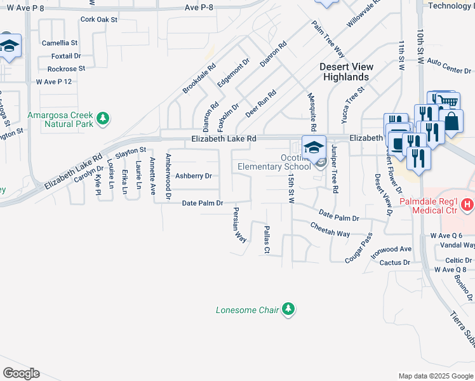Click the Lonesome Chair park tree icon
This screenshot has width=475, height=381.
click(289, 309)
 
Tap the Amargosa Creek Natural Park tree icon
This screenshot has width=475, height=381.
click(102, 117)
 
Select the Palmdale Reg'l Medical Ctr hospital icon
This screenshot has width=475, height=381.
click(467, 204)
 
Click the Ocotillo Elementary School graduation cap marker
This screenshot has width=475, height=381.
click(313, 147)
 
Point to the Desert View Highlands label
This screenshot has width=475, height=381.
click(346, 72)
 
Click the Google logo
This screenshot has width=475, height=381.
click(21, 373)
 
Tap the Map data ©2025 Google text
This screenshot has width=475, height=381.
click(435, 376)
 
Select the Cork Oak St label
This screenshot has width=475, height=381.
click(99, 20)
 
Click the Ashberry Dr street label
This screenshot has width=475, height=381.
click(192, 176)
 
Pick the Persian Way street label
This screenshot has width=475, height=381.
click(239, 224)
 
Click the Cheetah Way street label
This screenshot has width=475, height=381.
click(330, 229)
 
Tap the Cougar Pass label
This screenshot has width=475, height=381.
click(358, 248)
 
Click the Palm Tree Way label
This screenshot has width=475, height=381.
click(328, 38)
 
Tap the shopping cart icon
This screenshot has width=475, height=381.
click(446, 102)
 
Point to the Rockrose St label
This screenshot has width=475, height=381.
click(66, 69)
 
